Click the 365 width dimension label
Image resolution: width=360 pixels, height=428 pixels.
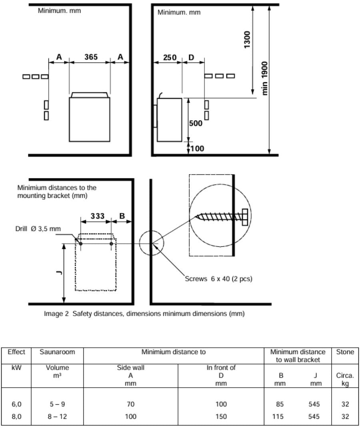point(90,57)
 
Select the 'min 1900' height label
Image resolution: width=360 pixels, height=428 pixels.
point(264,78)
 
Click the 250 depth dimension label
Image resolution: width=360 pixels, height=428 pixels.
point(170,58)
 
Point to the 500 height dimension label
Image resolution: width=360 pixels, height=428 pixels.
point(196,123)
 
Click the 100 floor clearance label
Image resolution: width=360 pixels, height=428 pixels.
point(197,149)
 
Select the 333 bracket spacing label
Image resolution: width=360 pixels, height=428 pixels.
point(97,216)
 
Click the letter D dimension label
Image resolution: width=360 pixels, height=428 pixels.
point(191,58)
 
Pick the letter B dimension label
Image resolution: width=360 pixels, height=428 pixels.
point(122,216)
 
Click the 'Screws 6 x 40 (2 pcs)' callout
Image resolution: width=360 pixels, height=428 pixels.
point(218,279)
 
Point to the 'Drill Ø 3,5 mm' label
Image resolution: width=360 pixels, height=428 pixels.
point(41,229)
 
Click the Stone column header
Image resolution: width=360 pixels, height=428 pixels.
point(345,352)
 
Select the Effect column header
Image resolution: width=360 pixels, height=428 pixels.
point(16,352)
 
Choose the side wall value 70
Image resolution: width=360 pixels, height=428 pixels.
point(130,404)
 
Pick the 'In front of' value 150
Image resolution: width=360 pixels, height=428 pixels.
point(221,416)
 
